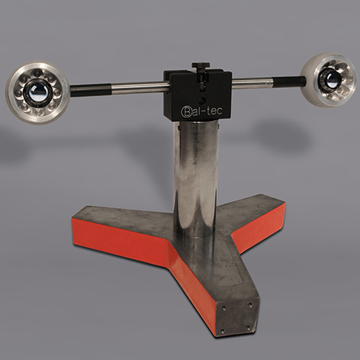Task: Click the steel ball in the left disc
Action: click(36, 93)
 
